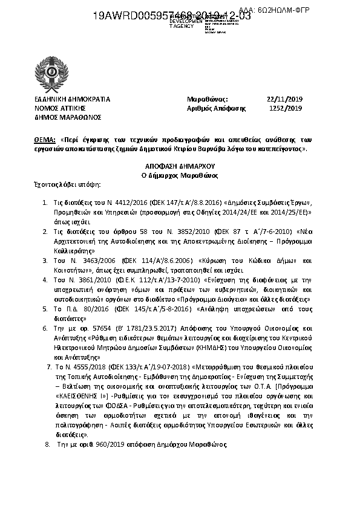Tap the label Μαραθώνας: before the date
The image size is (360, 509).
click(207, 99)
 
